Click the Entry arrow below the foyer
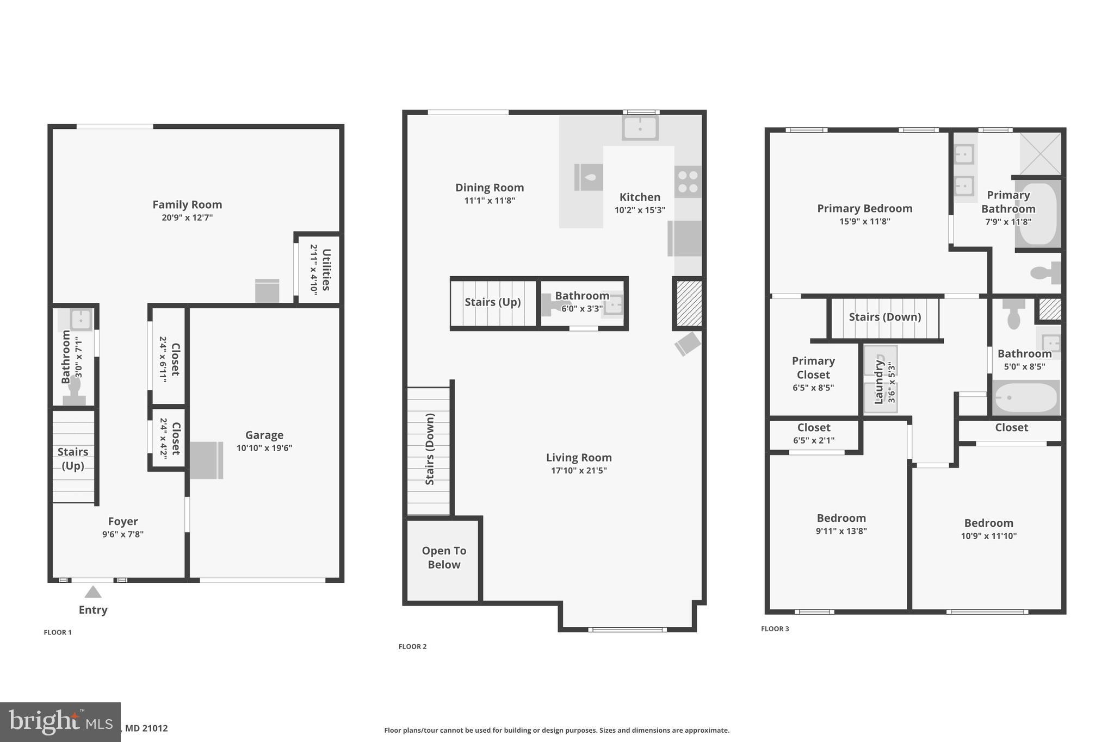(x=93, y=592)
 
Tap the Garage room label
(x=264, y=435)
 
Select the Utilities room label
(x=326, y=270)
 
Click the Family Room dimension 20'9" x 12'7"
(x=187, y=217)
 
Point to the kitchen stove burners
(x=688, y=182)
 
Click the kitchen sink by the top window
(x=640, y=128)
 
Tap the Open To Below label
(x=444, y=557)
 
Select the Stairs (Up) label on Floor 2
(x=492, y=302)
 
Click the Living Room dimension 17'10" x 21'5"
(x=579, y=470)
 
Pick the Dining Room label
(x=490, y=188)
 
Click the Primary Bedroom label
(x=864, y=208)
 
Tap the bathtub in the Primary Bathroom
(x=1038, y=214)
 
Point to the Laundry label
(x=878, y=382)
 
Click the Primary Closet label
(x=813, y=367)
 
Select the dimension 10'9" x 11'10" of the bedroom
(x=988, y=535)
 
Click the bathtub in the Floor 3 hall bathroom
(x=1025, y=397)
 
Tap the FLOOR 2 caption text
(x=412, y=646)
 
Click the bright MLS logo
(x=60, y=722)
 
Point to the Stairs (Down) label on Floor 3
(x=884, y=317)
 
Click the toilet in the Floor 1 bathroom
(x=75, y=391)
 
